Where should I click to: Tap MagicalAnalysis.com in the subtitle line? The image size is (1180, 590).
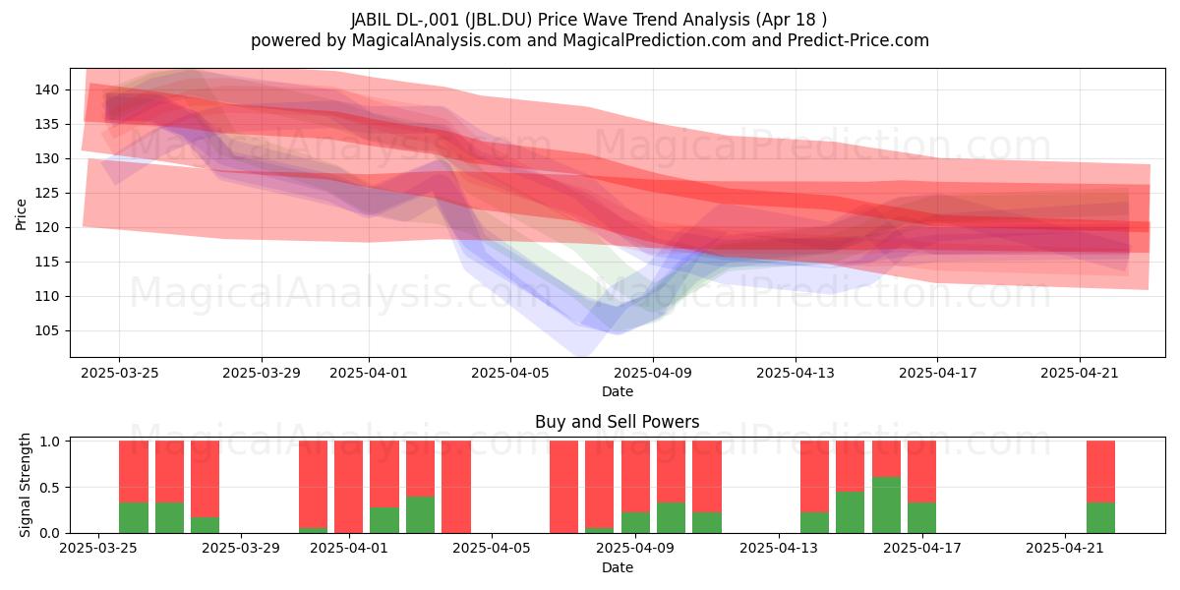(x=437, y=40)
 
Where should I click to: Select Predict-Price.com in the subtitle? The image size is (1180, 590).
(x=858, y=40)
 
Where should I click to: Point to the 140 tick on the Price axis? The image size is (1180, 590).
(x=47, y=90)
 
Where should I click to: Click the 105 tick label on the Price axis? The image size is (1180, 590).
(x=47, y=330)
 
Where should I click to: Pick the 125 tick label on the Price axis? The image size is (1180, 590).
(x=47, y=194)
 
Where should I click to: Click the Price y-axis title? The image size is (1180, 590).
(x=21, y=214)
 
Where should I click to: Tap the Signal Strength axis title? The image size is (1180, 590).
(x=25, y=485)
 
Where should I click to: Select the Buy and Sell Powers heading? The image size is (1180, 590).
(x=617, y=422)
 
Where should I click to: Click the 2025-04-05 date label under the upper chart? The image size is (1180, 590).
(x=510, y=373)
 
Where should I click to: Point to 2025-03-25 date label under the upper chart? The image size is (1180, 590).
(x=120, y=373)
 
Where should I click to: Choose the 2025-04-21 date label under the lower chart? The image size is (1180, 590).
(x=1065, y=549)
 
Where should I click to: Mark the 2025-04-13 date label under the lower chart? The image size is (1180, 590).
(x=779, y=549)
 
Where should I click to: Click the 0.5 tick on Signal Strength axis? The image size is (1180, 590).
(x=49, y=488)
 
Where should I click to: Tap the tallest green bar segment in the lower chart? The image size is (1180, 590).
(x=887, y=505)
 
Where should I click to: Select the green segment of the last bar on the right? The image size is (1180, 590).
(x=1101, y=518)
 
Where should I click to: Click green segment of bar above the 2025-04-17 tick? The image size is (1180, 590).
(x=922, y=518)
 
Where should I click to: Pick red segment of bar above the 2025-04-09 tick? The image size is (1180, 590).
(x=635, y=477)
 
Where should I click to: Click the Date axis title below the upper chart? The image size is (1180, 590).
(x=618, y=391)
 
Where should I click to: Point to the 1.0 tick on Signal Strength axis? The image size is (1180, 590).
(x=49, y=442)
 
